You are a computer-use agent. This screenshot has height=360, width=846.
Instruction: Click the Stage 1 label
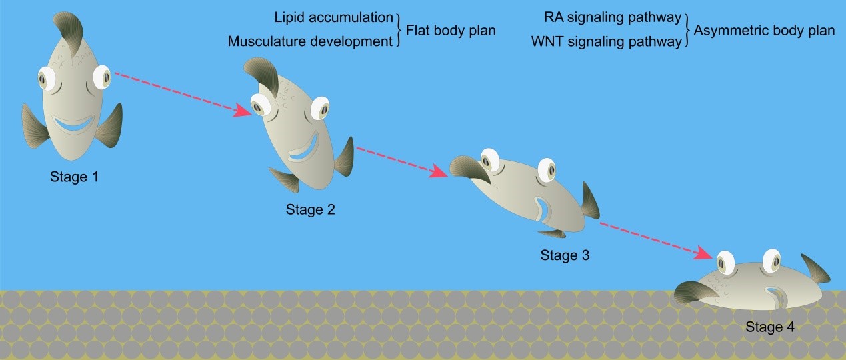point(77,177)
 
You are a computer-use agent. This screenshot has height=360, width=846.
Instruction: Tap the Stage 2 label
point(310,210)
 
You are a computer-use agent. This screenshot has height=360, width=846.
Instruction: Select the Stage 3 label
point(565,255)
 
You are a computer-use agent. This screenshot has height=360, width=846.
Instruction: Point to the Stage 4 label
point(770,327)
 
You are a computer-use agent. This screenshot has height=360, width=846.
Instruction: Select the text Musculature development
point(310,41)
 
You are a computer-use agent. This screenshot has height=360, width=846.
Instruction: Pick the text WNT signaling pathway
point(607,41)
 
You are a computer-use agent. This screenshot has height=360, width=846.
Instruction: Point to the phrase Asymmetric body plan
point(764,30)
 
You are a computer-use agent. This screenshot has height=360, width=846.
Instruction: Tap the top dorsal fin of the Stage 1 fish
point(69,27)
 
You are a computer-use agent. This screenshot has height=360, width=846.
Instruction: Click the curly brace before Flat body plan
point(397,30)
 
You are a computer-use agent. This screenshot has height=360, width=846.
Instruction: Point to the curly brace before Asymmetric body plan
point(687,30)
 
